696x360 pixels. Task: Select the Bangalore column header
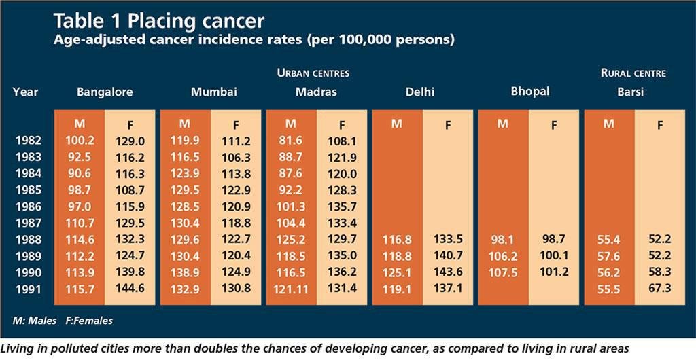pos(105,92)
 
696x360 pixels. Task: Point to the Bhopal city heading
pos(531,91)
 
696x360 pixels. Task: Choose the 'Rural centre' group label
pos(633,73)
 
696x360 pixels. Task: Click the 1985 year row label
pos(27,190)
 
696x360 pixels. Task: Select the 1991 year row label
pos(27,288)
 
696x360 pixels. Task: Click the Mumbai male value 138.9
pos(186,272)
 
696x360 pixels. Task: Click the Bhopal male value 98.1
pos(503,240)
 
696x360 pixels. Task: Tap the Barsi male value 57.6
pos(609,256)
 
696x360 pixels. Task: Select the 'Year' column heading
pos(25,92)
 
